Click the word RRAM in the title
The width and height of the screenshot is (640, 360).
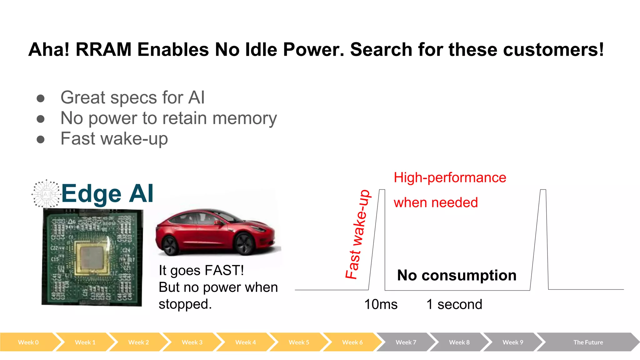(x=103, y=50)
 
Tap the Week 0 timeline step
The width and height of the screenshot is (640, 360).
(x=28, y=342)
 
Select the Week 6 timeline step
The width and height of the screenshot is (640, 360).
(x=352, y=342)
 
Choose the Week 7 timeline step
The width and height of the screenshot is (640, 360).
(x=406, y=342)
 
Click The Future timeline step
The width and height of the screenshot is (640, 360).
(x=588, y=342)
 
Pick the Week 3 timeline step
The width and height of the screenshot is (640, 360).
(x=192, y=342)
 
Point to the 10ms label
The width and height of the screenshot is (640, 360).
(x=381, y=304)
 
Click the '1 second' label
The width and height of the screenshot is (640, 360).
(x=454, y=304)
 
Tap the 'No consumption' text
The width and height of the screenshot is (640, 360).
(x=457, y=275)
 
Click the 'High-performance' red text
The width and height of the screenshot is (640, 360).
(x=450, y=177)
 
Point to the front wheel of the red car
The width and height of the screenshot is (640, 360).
(x=245, y=244)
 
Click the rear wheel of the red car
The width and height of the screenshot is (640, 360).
(x=170, y=246)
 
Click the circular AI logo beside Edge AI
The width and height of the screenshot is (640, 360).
(x=46, y=194)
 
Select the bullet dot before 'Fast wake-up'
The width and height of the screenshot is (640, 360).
(x=40, y=139)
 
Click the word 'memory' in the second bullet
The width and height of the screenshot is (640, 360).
(x=245, y=118)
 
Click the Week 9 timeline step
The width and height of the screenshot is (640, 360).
(x=512, y=342)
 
